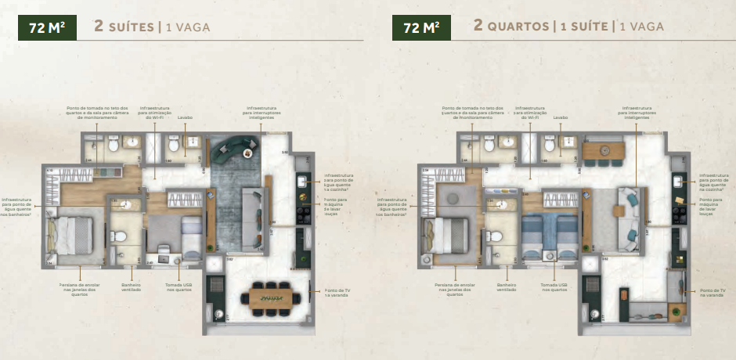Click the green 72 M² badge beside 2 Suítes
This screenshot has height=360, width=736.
[46, 27]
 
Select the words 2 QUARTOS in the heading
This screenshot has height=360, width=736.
[511, 27]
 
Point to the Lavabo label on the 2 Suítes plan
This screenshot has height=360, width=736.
[186, 117]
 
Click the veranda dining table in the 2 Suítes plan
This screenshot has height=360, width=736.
[271, 297]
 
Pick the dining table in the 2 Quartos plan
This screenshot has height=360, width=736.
[604, 149]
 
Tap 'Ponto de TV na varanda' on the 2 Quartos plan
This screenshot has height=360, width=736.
[710, 292]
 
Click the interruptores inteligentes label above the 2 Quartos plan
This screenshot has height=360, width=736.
[637, 114]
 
